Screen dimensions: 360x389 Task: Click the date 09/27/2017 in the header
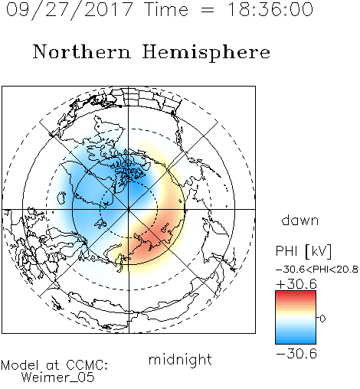[x=70, y=10]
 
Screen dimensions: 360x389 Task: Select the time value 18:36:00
[x=270, y=9]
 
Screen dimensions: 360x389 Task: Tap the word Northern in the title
[x=82, y=51]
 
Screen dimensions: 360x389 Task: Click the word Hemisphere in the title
[x=206, y=53]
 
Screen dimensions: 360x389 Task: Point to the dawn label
[x=300, y=220]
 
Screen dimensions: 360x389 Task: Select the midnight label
[x=180, y=359]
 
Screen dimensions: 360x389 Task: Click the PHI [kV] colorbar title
[x=303, y=251]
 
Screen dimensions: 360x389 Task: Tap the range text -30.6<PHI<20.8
[x=317, y=270]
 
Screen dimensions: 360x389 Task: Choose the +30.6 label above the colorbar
[x=296, y=284]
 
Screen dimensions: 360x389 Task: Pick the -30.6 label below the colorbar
[x=296, y=354]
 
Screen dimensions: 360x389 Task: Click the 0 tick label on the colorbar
[x=322, y=319]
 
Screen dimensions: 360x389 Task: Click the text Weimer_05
[x=58, y=378]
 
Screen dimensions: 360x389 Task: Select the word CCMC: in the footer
[x=87, y=365]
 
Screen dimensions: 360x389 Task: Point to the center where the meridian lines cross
[x=129, y=209]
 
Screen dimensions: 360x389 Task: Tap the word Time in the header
[x=166, y=9]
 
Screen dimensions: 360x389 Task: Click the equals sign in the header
[x=208, y=10]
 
